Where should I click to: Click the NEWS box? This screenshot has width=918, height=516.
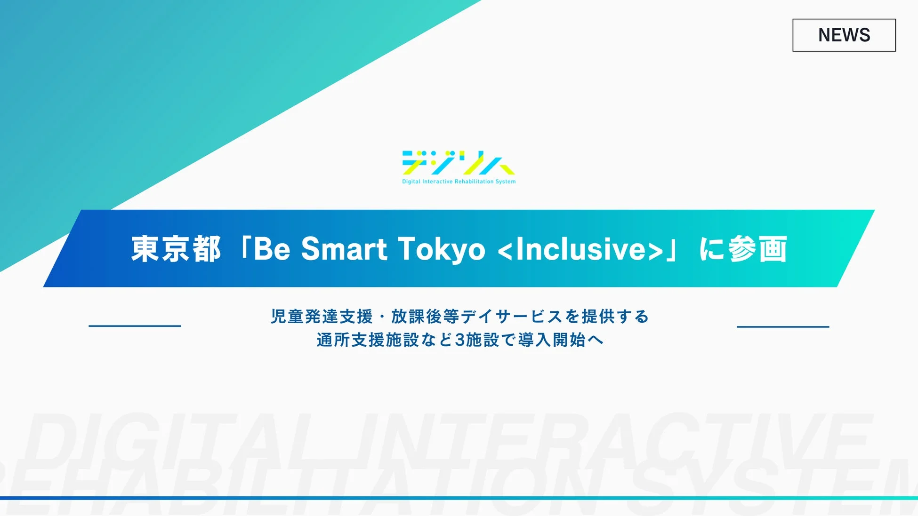pos(844,35)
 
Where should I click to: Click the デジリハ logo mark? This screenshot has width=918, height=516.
pos(458,162)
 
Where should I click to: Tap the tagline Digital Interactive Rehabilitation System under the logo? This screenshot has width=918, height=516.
pos(459,182)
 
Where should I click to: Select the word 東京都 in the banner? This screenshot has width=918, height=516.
pos(176,249)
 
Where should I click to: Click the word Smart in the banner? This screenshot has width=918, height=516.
pos(344,249)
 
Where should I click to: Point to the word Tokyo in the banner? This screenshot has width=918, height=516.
pos(441,249)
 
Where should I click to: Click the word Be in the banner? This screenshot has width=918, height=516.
pos(272,249)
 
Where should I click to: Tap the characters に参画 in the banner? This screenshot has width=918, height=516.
pos(743,249)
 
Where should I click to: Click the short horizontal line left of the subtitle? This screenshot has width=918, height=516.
pos(135,325)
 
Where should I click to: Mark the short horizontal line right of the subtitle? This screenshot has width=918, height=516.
pos(782,326)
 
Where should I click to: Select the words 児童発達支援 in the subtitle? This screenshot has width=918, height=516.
pos(322,317)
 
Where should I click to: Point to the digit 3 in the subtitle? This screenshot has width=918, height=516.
pos(459,340)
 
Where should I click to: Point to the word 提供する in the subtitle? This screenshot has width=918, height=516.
pos(615,317)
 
